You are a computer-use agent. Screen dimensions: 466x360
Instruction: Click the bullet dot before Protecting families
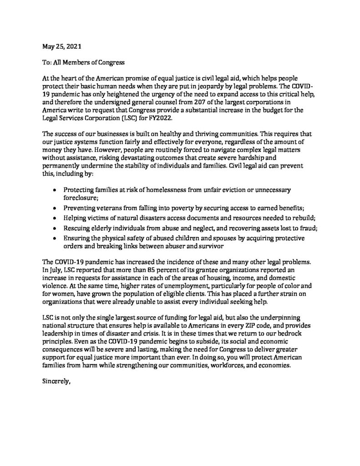pyautogui.click(x=55, y=189)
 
